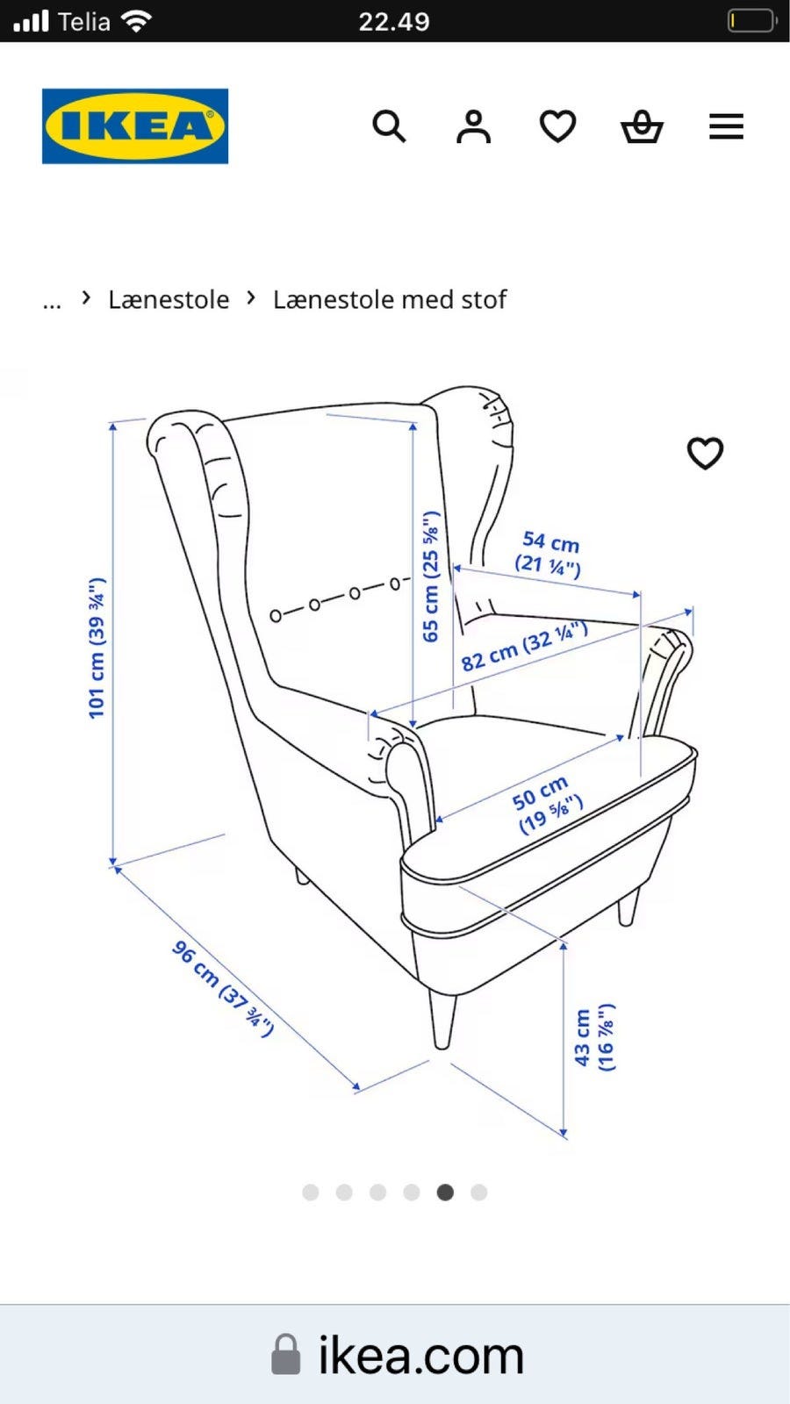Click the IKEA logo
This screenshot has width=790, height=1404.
click(x=135, y=126)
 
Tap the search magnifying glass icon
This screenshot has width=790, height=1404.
click(x=389, y=126)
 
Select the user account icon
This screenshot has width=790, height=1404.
click(x=473, y=126)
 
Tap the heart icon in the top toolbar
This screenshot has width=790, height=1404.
click(x=557, y=126)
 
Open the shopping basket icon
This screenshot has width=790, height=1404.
click(x=642, y=126)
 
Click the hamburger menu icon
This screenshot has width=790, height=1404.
click(x=726, y=126)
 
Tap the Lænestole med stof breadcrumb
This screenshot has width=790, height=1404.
click(x=390, y=299)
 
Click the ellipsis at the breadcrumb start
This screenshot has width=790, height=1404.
click(x=52, y=305)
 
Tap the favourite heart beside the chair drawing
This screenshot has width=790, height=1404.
click(x=706, y=453)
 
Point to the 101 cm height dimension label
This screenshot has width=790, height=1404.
click(x=96, y=648)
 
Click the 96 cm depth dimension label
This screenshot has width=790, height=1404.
click(x=223, y=988)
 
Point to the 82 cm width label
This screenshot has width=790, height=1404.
click(x=524, y=646)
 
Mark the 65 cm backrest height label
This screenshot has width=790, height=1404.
click(x=431, y=577)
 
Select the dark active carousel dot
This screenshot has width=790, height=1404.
click(x=445, y=1193)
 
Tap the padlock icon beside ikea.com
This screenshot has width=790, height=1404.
click(x=285, y=1355)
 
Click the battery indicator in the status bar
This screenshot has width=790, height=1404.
click(x=752, y=21)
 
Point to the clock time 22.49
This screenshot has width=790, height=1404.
click(x=394, y=22)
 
